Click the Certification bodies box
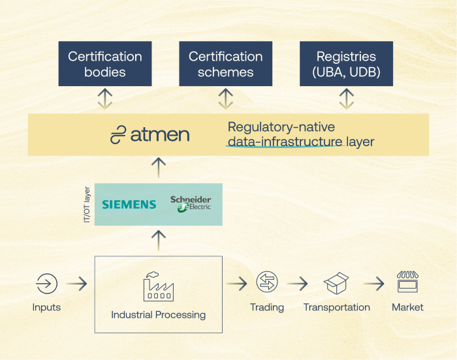tap(104, 64)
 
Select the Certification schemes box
tap(225, 64)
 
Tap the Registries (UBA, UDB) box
tap(346, 64)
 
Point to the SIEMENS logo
tap(129, 204)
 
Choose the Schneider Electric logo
tap(190, 203)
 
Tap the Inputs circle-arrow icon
tap(46, 284)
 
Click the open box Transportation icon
tap(336, 283)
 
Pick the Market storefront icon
tap(407, 283)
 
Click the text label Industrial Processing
tap(158, 315)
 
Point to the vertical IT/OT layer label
tap(87, 204)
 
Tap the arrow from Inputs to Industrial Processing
tap(76, 284)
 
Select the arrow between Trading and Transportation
tap(297, 284)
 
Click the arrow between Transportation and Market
tap(373, 284)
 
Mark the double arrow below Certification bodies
tap(104, 99)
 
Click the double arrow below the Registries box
tap(346, 99)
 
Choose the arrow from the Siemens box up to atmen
tap(158, 168)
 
